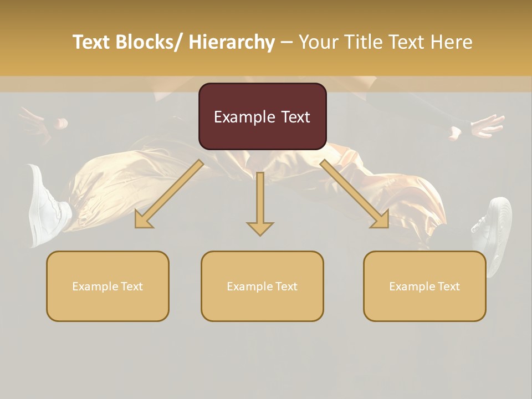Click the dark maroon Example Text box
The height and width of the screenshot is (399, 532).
[x=262, y=116]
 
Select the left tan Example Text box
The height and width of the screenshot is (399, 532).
[x=108, y=286]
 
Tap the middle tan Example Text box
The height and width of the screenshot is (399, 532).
[x=262, y=286]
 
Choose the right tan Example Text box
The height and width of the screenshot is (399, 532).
[x=424, y=286]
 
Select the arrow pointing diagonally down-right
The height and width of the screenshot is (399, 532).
[x=355, y=193]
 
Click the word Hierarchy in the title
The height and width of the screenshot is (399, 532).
[x=232, y=42]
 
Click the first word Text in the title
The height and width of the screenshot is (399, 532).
[x=91, y=42]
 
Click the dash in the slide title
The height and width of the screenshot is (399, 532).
[x=287, y=42]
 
